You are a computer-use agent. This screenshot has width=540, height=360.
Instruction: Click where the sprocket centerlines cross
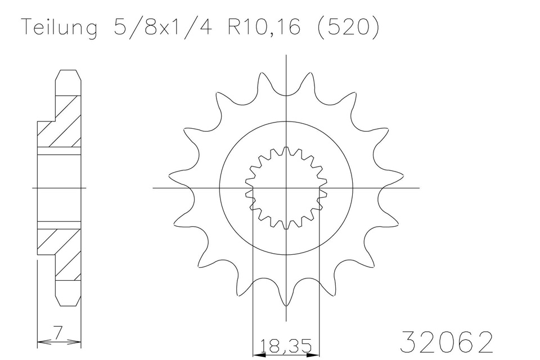click(287, 187)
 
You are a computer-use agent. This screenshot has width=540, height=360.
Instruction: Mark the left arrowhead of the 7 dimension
click(39, 341)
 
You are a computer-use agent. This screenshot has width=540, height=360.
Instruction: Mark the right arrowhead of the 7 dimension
click(79, 341)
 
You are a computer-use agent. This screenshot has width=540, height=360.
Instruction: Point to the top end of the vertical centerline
click(287, 55)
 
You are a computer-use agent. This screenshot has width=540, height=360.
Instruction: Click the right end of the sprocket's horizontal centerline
click(419, 187)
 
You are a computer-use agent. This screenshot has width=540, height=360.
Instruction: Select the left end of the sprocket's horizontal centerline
click(154, 187)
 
